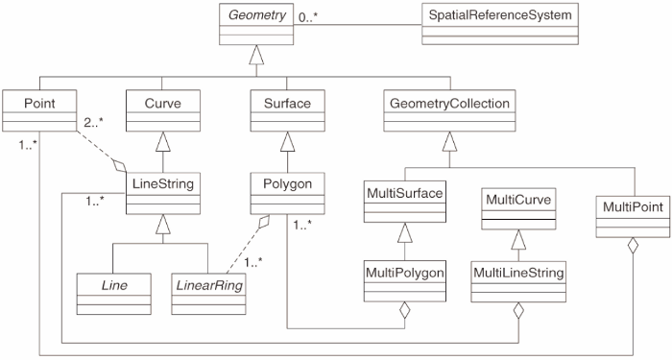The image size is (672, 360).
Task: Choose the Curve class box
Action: (x=159, y=110)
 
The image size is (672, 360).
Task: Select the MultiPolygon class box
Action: (x=404, y=284)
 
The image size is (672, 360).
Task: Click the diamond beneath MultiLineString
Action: (x=519, y=312)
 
